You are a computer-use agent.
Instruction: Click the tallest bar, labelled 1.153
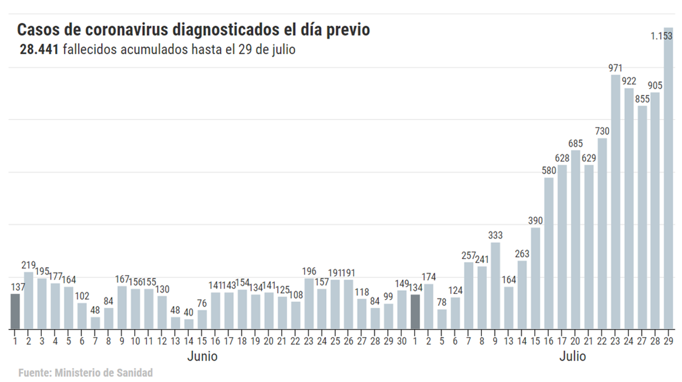[668, 181]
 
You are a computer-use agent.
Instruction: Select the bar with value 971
[615, 202]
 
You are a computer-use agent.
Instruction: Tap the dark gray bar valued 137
[15, 311]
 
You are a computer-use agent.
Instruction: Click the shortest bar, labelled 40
[189, 324]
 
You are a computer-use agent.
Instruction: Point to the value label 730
[602, 131]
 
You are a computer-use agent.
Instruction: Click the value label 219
[28, 265]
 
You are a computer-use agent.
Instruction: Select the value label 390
[536, 221]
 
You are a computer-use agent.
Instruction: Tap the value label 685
[575, 143]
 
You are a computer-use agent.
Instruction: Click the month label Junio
[202, 357]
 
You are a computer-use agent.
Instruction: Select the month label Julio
[572, 357]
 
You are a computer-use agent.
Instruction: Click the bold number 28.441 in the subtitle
[39, 49]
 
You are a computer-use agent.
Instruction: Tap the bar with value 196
[309, 304]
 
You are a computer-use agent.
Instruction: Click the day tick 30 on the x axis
[402, 341]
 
